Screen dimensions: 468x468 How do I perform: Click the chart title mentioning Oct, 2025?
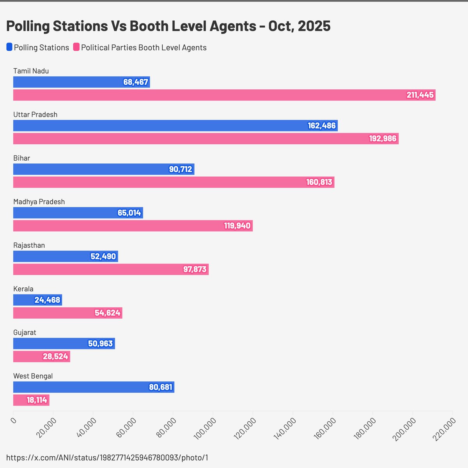tap(168, 26)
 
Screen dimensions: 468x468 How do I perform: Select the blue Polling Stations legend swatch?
tap(9, 47)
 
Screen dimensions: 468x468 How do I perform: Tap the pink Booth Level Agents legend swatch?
tap(76, 47)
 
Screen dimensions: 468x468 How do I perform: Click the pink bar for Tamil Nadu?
tap(224, 95)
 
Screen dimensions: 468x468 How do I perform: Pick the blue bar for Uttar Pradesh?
tap(175, 126)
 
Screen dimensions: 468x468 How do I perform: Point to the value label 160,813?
tap(319, 182)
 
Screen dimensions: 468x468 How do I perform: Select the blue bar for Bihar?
tap(103, 169)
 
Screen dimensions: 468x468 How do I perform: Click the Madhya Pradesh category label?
tap(39, 202)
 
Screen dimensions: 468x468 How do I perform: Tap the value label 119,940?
tap(237, 226)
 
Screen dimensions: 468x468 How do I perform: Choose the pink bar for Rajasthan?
tap(111, 269)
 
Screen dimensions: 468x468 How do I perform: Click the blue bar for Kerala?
tap(37, 300)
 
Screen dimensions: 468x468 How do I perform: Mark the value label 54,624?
tap(107, 313)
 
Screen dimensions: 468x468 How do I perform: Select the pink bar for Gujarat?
tap(41, 356)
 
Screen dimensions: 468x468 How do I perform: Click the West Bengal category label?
tap(33, 376)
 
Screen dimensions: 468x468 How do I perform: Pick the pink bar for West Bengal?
tap(31, 400)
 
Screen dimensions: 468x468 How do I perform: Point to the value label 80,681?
tap(160, 387)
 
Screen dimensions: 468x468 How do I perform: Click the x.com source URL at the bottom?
tap(107, 457)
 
